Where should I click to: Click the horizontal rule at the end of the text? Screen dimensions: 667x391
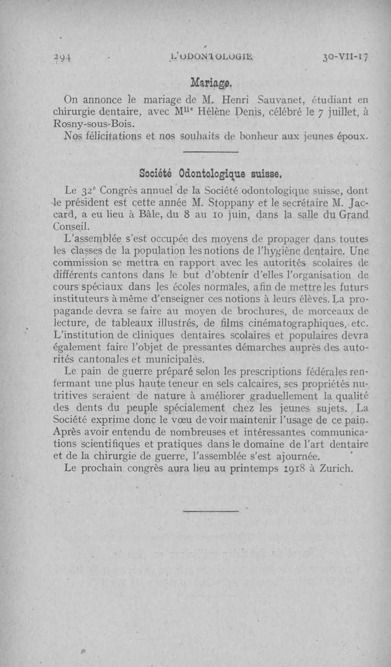[210, 512]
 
